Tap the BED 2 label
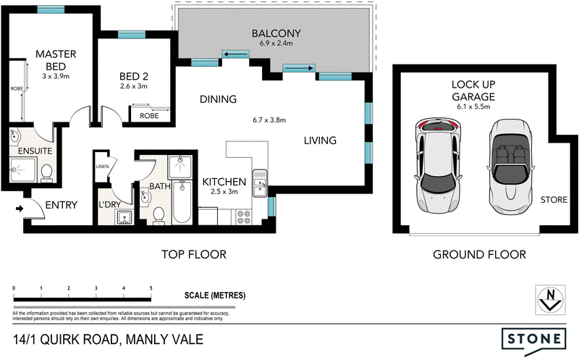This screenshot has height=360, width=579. click(x=134, y=76)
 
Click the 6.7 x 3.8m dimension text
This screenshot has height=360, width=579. click(x=269, y=120)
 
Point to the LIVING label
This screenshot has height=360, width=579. click(x=320, y=141)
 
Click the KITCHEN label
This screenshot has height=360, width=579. click(x=224, y=181)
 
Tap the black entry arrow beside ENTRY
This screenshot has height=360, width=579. click(x=19, y=209)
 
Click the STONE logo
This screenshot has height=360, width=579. click(x=533, y=338)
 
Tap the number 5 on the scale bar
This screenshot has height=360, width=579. click(x=151, y=288)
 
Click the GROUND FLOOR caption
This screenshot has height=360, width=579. click(x=479, y=254)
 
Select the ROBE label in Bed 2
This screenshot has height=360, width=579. click(x=149, y=115)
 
